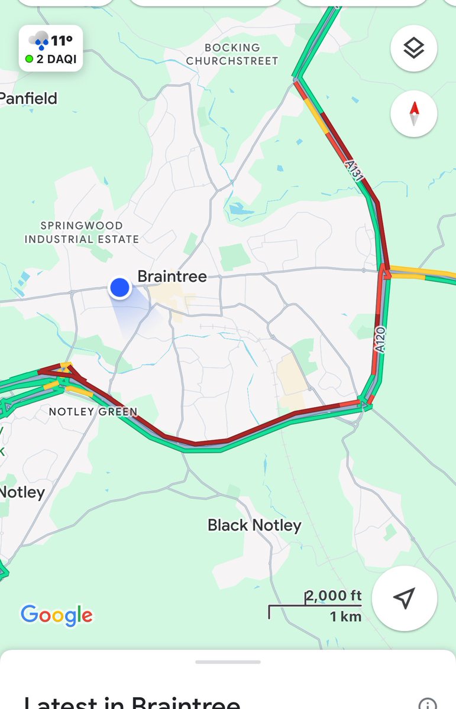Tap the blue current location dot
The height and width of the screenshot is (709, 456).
[x=119, y=288]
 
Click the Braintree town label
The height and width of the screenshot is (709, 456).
[x=172, y=276]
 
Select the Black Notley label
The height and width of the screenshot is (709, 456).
[x=254, y=525]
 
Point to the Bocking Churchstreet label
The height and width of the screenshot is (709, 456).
[x=232, y=54]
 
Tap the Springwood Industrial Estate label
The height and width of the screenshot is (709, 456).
[x=82, y=232]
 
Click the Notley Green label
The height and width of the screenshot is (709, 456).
[x=93, y=411]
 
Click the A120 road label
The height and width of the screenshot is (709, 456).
[x=380, y=340]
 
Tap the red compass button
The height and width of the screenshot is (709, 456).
[x=414, y=113]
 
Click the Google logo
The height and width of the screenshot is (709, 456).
[x=57, y=615]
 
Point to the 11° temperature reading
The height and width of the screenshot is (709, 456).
[x=62, y=41]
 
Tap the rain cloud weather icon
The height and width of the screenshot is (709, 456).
[x=40, y=41]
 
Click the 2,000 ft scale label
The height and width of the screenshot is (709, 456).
[x=334, y=596]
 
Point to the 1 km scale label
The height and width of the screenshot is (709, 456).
[x=345, y=616]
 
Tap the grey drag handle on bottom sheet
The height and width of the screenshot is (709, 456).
[x=228, y=662]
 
